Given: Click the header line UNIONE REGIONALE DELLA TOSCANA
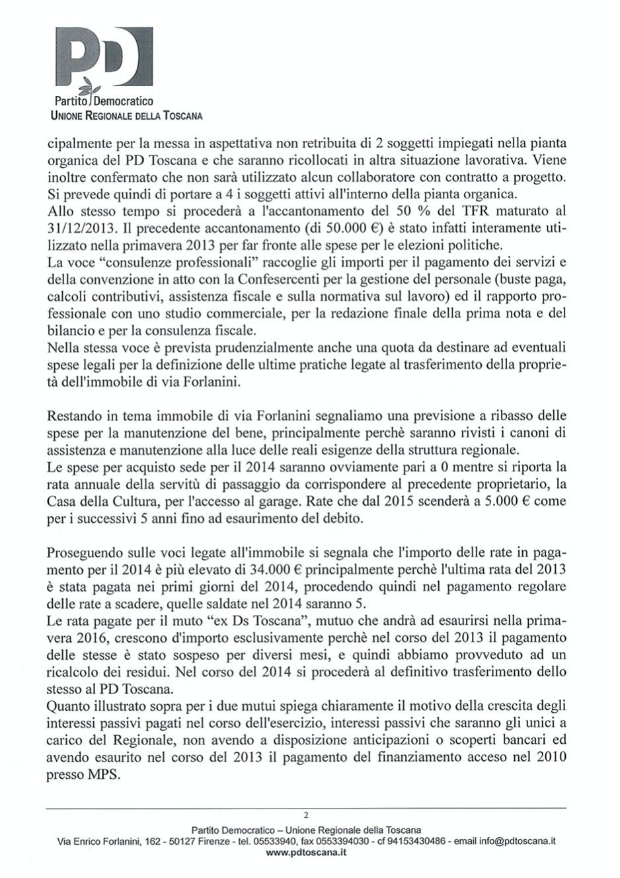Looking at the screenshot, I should point(126,116).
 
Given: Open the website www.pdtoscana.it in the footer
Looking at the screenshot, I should point(305,853).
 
